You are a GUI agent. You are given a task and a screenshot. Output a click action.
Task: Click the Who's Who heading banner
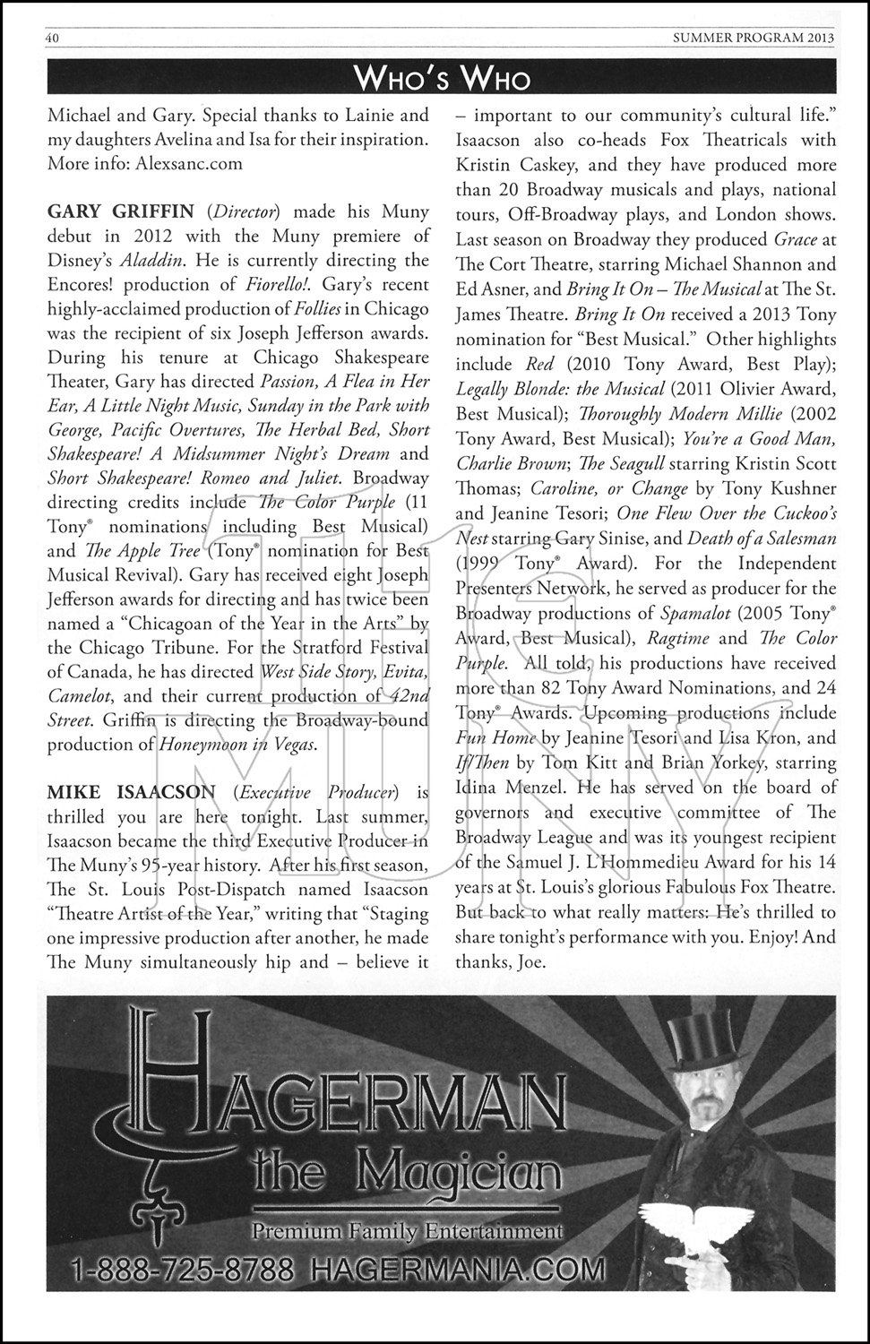pyautogui.click(x=442, y=79)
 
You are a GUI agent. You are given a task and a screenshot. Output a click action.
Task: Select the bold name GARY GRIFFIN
pyautogui.click(x=120, y=212)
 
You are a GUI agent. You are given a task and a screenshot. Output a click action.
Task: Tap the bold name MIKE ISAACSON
pyautogui.click(x=132, y=792)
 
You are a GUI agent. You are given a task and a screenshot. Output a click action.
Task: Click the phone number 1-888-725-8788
pyautogui.click(x=183, y=1270)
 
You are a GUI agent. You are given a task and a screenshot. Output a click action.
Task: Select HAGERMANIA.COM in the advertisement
pyautogui.click(x=455, y=1270)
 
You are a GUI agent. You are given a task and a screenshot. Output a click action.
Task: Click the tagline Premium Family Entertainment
pyautogui.click(x=408, y=1231)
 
